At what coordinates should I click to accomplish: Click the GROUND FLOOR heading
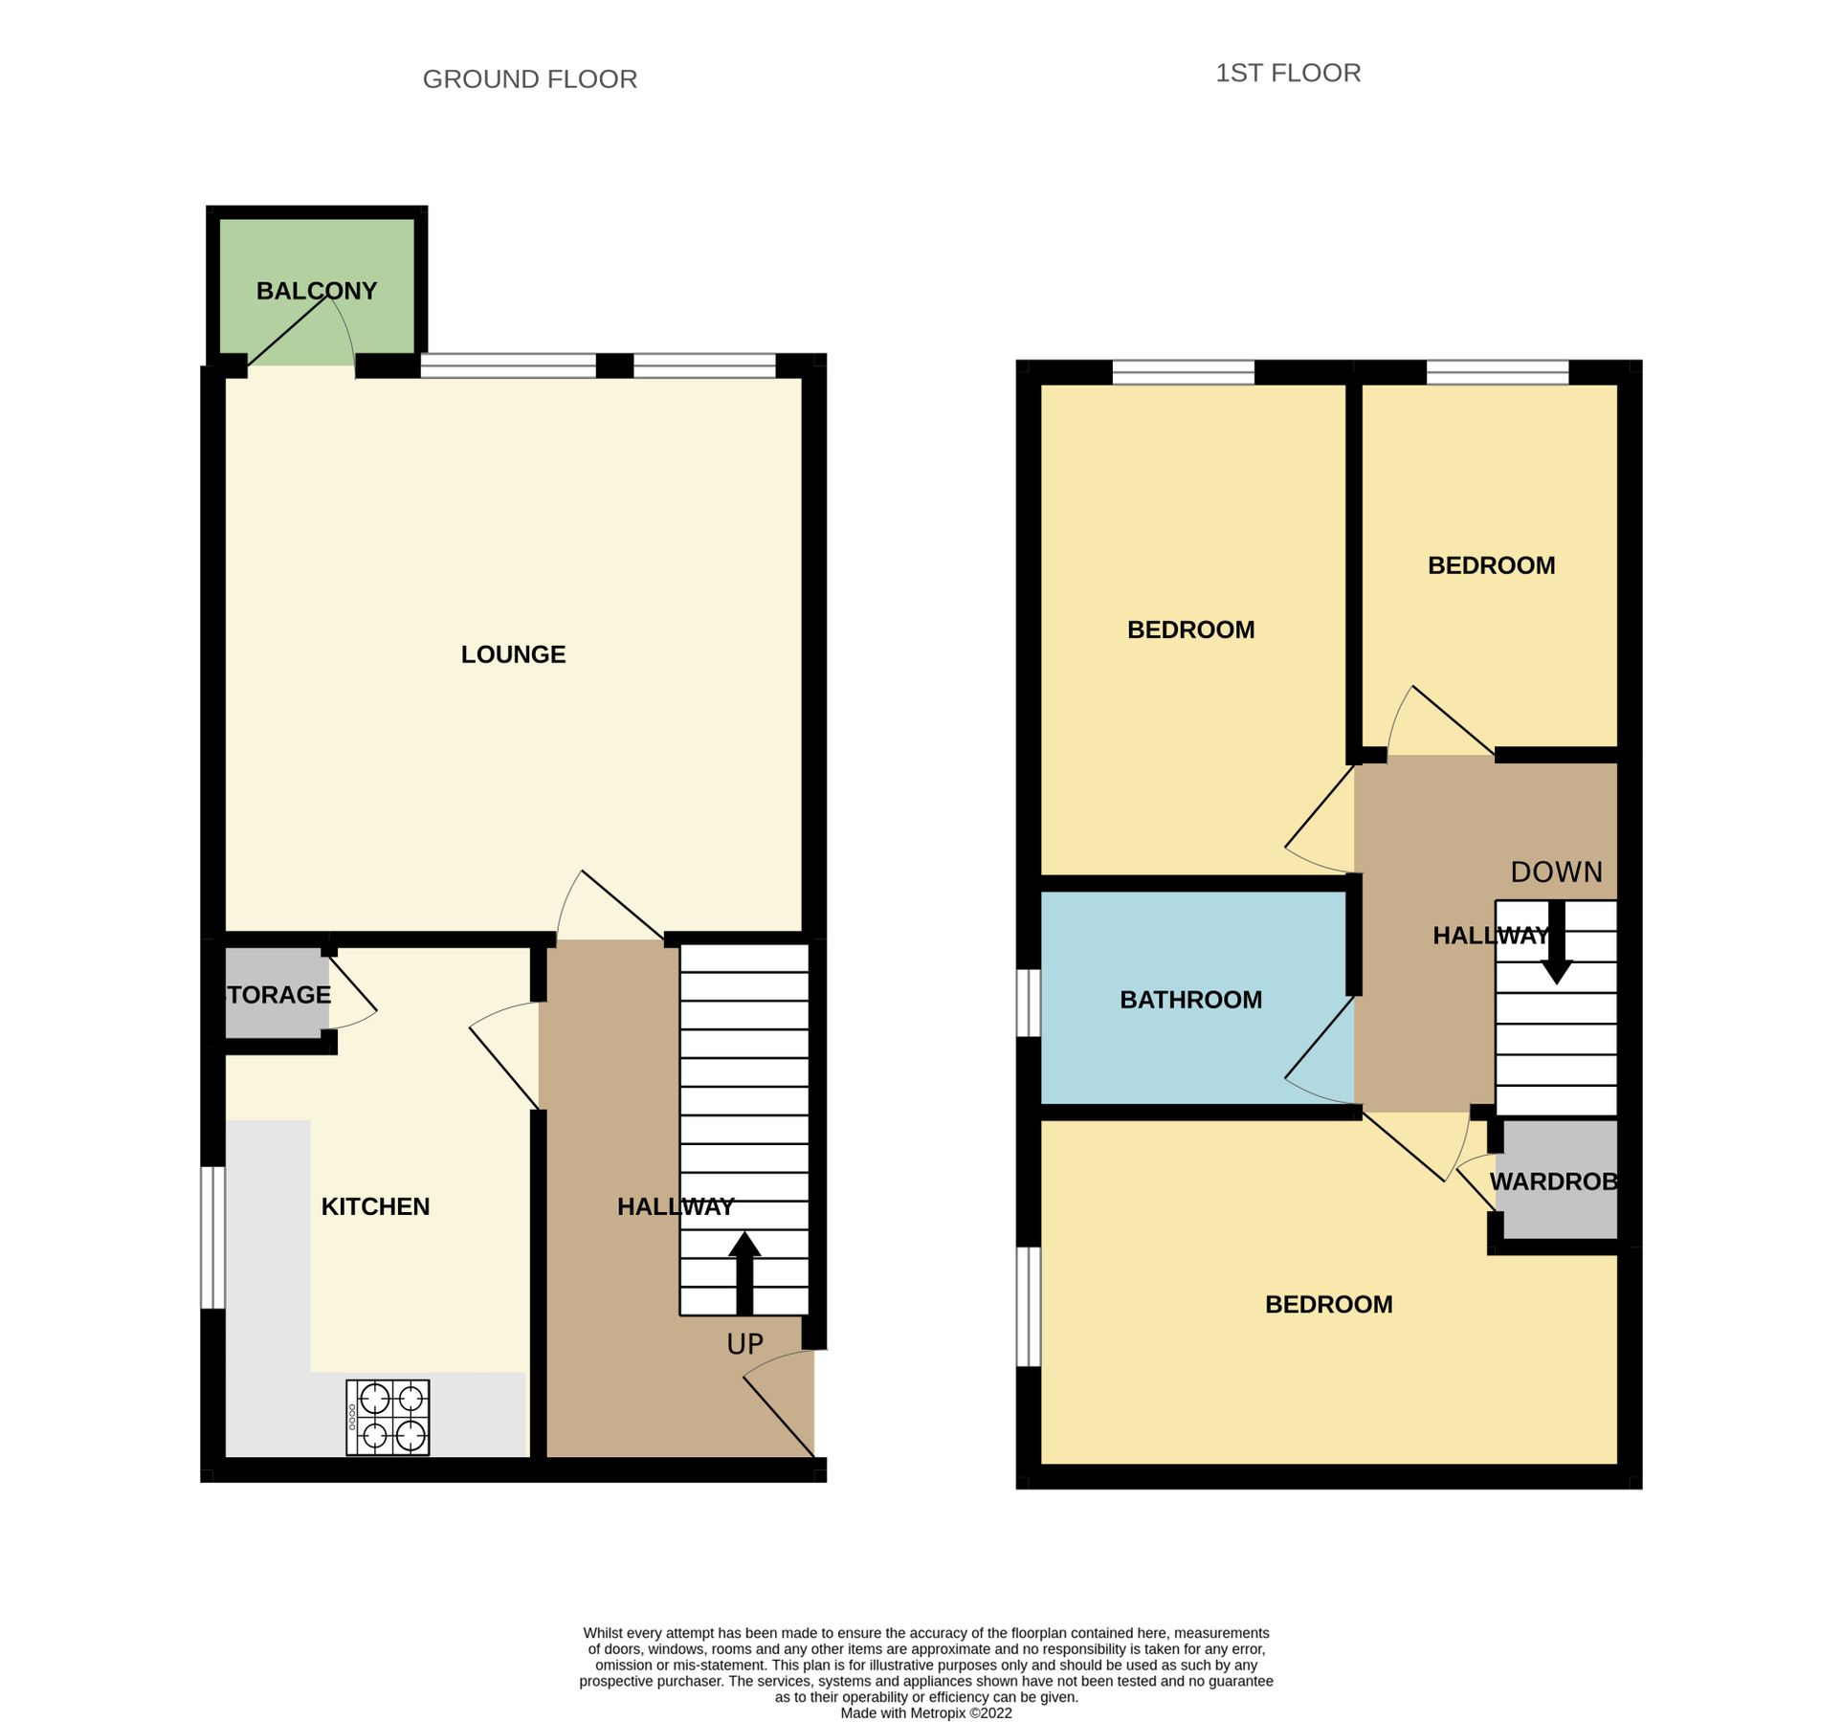coord(529,79)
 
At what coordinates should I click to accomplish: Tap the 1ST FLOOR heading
coord(1287,74)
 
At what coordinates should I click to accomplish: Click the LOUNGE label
coord(513,654)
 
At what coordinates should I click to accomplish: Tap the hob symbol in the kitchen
coord(388,1417)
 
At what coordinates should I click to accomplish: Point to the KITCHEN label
coord(375,1206)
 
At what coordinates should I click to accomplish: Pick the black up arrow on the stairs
coord(744,1271)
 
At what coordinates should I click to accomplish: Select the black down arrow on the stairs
coord(1557,943)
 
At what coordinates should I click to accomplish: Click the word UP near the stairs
coord(744,1344)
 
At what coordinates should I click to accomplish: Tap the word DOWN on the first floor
coord(1556,872)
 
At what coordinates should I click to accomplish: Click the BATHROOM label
coord(1190,1000)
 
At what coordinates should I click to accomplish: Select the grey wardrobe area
coord(1557,1181)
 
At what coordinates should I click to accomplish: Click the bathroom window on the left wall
coord(1028,1003)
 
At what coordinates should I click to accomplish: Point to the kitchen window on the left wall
coord(212,1237)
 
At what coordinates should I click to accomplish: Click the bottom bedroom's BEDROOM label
coord(1328,1305)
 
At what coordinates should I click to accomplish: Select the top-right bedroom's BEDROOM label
coord(1491,565)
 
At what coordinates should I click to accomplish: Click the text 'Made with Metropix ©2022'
coord(925,1713)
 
